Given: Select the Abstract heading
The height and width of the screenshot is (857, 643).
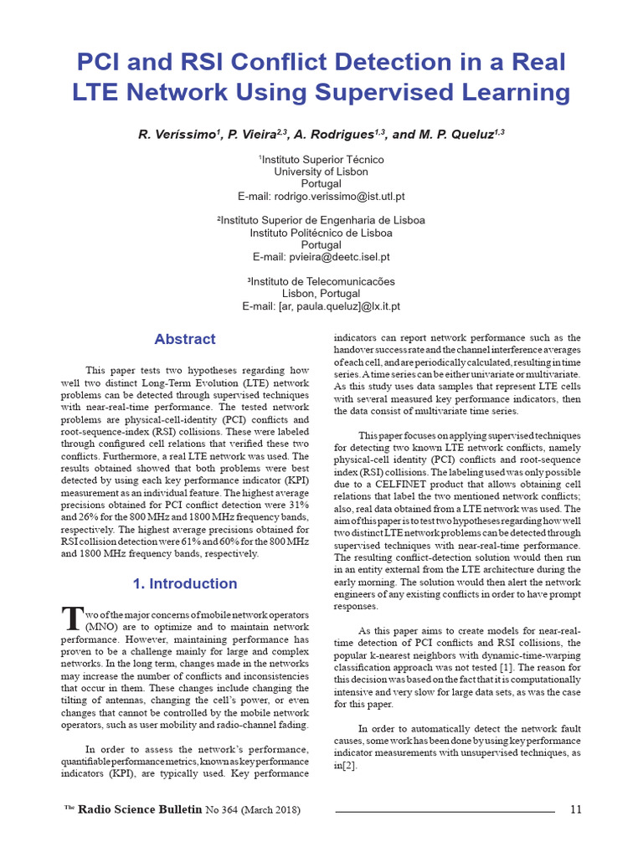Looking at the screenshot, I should [x=185, y=339].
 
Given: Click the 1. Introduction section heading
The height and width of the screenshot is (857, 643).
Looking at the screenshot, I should [x=185, y=583].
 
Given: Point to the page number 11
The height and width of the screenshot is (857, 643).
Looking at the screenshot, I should [x=575, y=809].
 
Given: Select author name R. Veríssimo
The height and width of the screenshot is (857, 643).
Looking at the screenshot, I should [x=178, y=134].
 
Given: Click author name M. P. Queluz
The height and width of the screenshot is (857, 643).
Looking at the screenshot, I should [x=460, y=134].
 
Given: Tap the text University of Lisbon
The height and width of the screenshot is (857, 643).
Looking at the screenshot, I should [x=321, y=172].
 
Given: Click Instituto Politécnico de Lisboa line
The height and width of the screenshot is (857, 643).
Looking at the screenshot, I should [x=321, y=233].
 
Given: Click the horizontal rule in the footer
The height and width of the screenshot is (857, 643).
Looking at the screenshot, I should [x=445, y=811].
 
